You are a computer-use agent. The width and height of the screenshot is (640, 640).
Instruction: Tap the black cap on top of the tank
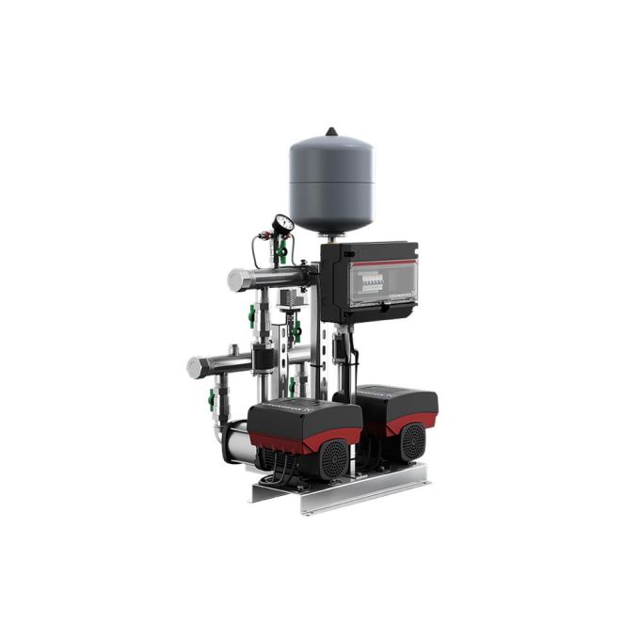tap(331, 133)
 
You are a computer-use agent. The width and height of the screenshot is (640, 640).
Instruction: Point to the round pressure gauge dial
tap(282, 224)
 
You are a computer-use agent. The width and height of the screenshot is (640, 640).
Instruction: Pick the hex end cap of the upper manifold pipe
tap(235, 280)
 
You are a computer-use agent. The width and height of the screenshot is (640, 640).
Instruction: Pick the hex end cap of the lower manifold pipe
tap(196, 367)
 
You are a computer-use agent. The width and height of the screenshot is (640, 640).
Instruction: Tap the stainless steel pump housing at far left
tap(233, 442)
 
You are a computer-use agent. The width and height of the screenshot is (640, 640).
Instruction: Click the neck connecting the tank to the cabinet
tap(332, 236)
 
